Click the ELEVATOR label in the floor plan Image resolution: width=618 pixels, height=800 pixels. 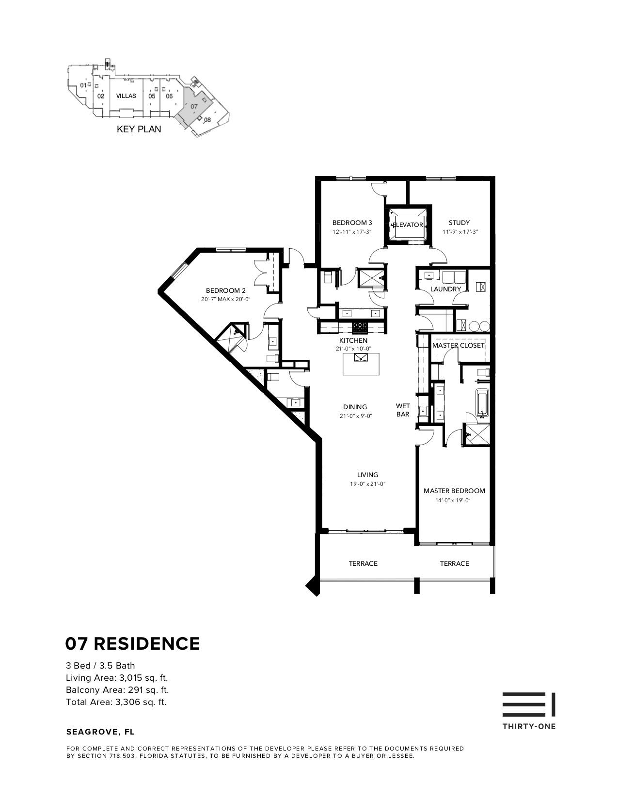tap(408, 225)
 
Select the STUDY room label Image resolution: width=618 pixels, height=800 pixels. tap(459, 223)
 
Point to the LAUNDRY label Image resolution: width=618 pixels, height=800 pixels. tap(445, 289)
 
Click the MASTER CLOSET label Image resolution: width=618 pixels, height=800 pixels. tap(458, 346)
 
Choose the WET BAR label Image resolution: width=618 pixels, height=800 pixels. tap(403, 410)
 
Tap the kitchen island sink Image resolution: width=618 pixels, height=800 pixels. tap(361, 358)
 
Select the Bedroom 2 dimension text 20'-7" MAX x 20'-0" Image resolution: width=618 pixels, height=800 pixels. tap(225, 300)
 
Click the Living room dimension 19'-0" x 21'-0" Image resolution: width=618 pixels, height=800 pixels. tap(367, 484)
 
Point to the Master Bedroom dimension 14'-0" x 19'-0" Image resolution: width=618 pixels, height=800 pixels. tap(454, 500)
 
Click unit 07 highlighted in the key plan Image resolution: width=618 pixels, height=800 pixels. tap(194, 106)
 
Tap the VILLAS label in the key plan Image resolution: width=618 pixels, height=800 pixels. tap(126, 96)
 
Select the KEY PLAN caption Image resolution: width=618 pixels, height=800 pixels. tap(139, 129)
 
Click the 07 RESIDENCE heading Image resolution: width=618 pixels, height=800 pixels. tap(132, 643)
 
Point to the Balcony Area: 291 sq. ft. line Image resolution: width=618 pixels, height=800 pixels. tap(117, 690)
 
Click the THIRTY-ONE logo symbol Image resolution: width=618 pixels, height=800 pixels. tap(529, 704)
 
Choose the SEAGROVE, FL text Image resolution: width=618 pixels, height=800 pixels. tap(100, 732)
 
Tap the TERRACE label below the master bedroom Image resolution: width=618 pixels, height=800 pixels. tap(454, 563)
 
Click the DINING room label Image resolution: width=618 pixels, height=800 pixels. tap(355, 407)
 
